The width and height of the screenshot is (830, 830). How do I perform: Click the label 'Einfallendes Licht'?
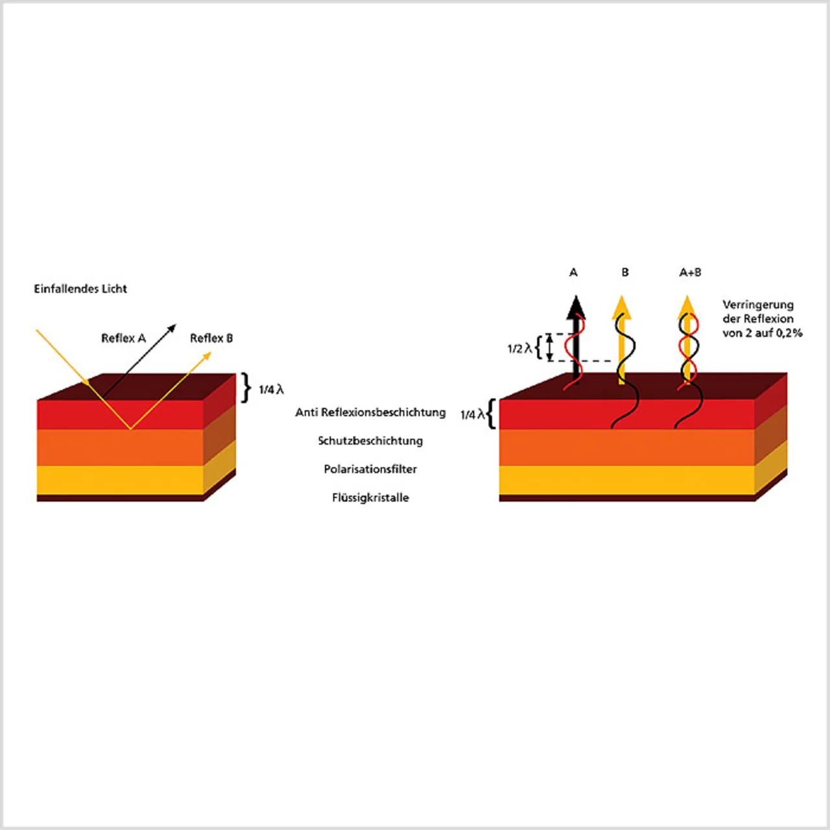(80, 289)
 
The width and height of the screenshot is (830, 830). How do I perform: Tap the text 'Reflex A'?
(124, 338)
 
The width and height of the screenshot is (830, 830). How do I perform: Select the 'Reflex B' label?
(211, 338)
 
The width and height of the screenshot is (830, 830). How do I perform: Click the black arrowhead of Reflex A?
(171, 328)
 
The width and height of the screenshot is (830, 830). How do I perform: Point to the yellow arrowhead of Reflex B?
(207, 356)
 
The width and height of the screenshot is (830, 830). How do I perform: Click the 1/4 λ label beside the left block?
(271, 390)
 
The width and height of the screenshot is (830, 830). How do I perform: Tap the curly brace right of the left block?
(246, 388)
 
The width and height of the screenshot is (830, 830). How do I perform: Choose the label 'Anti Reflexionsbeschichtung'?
(370, 412)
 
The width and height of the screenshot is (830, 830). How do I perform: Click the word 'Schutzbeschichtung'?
(370, 441)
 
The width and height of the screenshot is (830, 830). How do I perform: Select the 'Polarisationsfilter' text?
(370, 469)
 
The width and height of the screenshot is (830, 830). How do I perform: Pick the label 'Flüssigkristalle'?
(370, 497)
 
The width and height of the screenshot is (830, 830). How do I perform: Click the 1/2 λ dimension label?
(520, 348)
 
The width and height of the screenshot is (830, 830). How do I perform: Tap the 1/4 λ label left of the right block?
(473, 415)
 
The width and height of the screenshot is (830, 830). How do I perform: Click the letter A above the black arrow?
(573, 272)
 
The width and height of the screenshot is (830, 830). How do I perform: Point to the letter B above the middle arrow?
(625, 272)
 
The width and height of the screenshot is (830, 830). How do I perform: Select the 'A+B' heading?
(690, 272)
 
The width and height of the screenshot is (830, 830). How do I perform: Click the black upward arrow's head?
(576, 307)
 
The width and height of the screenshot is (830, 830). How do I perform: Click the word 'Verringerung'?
(758, 305)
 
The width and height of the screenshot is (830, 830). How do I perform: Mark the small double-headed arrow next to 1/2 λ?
(550, 348)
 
